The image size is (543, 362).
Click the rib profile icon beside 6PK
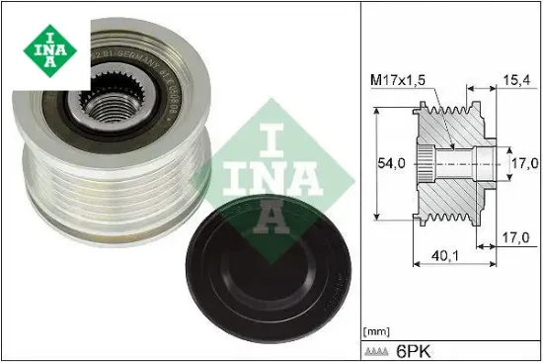point(377,350)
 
